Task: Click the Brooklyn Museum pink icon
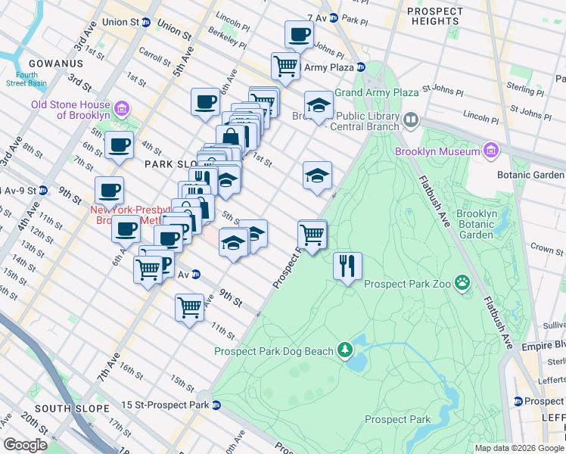click(491, 151)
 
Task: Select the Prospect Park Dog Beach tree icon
click(345, 350)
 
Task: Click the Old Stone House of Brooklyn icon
click(120, 112)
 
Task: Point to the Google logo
click(25, 444)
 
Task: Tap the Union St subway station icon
click(145, 23)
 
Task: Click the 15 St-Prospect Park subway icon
click(216, 406)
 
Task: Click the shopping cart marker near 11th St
click(188, 307)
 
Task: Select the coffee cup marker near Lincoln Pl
click(299, 34)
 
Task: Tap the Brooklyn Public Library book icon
click(411, 119)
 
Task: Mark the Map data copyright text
click(519, 448)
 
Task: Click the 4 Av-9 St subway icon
click(43, 190)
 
